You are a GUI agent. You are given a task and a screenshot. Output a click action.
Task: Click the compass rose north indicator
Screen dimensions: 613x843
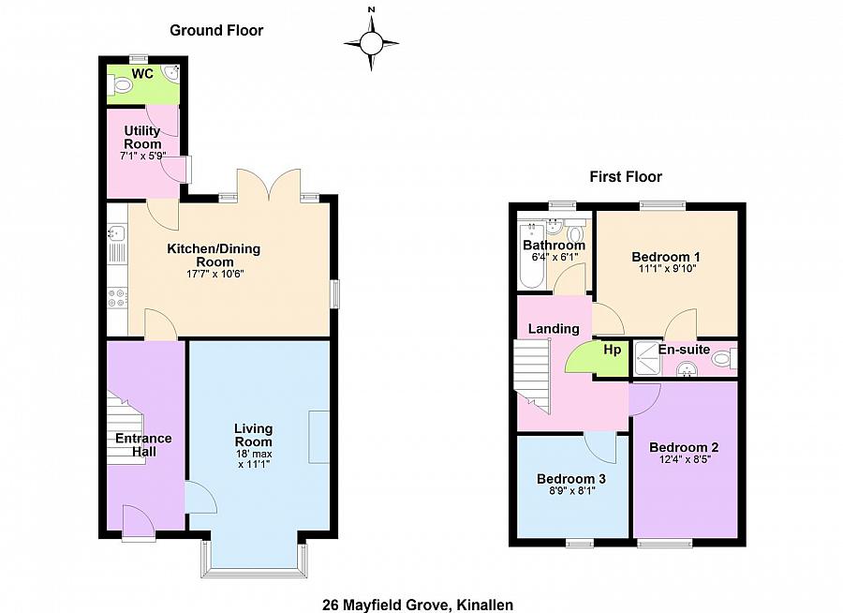pos(372,11)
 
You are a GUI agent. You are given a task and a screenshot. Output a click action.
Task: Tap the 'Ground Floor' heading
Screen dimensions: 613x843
pos(216,30)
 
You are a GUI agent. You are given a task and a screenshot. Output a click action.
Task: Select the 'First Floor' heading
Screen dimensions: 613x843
pos(625,176)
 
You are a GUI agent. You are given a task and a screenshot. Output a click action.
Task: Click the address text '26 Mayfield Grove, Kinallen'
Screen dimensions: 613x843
pos(418,605)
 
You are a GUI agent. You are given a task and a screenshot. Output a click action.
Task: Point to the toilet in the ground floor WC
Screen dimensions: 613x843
pos(119,86)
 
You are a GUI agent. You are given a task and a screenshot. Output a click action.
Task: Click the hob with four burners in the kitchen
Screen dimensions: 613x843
pos(118,297)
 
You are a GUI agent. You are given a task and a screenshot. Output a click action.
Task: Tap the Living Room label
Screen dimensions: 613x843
pos(253,435)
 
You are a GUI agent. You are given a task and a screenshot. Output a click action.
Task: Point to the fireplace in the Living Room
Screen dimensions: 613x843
pos(319,437)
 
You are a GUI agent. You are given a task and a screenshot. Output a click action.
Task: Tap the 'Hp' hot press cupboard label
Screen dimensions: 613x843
pos(612,351)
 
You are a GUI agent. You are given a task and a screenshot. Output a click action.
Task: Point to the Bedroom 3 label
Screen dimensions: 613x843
pos(571,478)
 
